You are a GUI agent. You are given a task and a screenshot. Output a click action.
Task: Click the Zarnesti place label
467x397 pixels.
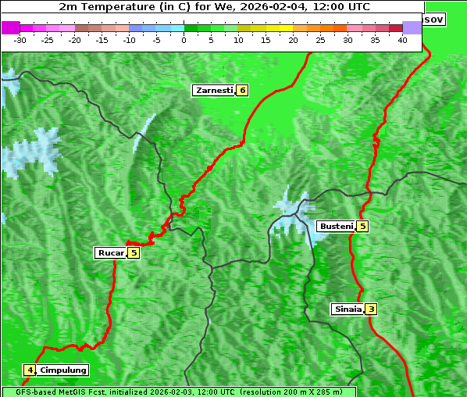pos(214,91)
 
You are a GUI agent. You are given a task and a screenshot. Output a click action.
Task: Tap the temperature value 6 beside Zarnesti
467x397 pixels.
pos(242,91)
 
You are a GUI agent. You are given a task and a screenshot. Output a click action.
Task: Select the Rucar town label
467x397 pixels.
pos(110,252)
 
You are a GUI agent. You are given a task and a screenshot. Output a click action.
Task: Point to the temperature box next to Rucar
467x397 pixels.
pos(134,252)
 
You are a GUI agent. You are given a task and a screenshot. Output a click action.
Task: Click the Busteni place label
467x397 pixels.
pos(336,226)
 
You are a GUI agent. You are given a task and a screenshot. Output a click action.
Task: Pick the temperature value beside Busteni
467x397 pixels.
pos(362,226)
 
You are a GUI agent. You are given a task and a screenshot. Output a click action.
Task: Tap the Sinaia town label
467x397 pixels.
pos(348,309)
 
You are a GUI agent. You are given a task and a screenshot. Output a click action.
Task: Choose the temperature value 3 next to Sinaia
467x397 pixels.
pos(371,309)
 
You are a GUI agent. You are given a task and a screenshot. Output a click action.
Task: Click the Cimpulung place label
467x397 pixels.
pos(62,370)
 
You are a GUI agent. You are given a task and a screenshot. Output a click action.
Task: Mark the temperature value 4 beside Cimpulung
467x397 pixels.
pos(29,370)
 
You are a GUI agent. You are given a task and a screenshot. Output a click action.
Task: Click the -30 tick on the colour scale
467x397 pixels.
pos(20,39)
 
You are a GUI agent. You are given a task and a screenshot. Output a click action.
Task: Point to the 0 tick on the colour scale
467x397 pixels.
pos(184,39)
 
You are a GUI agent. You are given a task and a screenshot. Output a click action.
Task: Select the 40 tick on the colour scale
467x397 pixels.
pos(402,39)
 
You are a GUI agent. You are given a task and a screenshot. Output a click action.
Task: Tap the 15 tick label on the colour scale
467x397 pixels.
pos(266,39)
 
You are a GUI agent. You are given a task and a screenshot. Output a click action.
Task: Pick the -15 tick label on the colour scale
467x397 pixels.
pos(102,39)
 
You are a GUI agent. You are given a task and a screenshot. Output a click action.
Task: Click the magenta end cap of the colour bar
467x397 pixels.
pos(10,27)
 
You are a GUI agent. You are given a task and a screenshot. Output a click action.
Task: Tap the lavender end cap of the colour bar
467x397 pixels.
pos(412,27)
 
